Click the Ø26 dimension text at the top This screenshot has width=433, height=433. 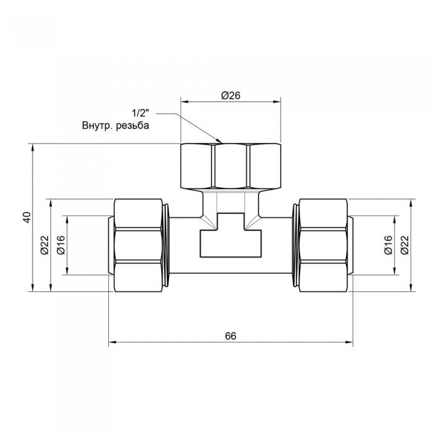pos(230,95)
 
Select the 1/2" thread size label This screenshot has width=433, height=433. pos(140,113)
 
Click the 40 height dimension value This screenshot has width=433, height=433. pos(25,217)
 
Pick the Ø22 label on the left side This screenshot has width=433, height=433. pos(45,246)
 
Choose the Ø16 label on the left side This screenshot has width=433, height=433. pos(62,246)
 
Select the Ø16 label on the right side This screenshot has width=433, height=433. pos(388,246)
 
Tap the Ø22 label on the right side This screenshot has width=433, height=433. pos(405,246)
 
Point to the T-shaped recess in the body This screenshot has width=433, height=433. pos(231,238)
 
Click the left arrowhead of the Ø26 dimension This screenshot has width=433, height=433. pos(184,101)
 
